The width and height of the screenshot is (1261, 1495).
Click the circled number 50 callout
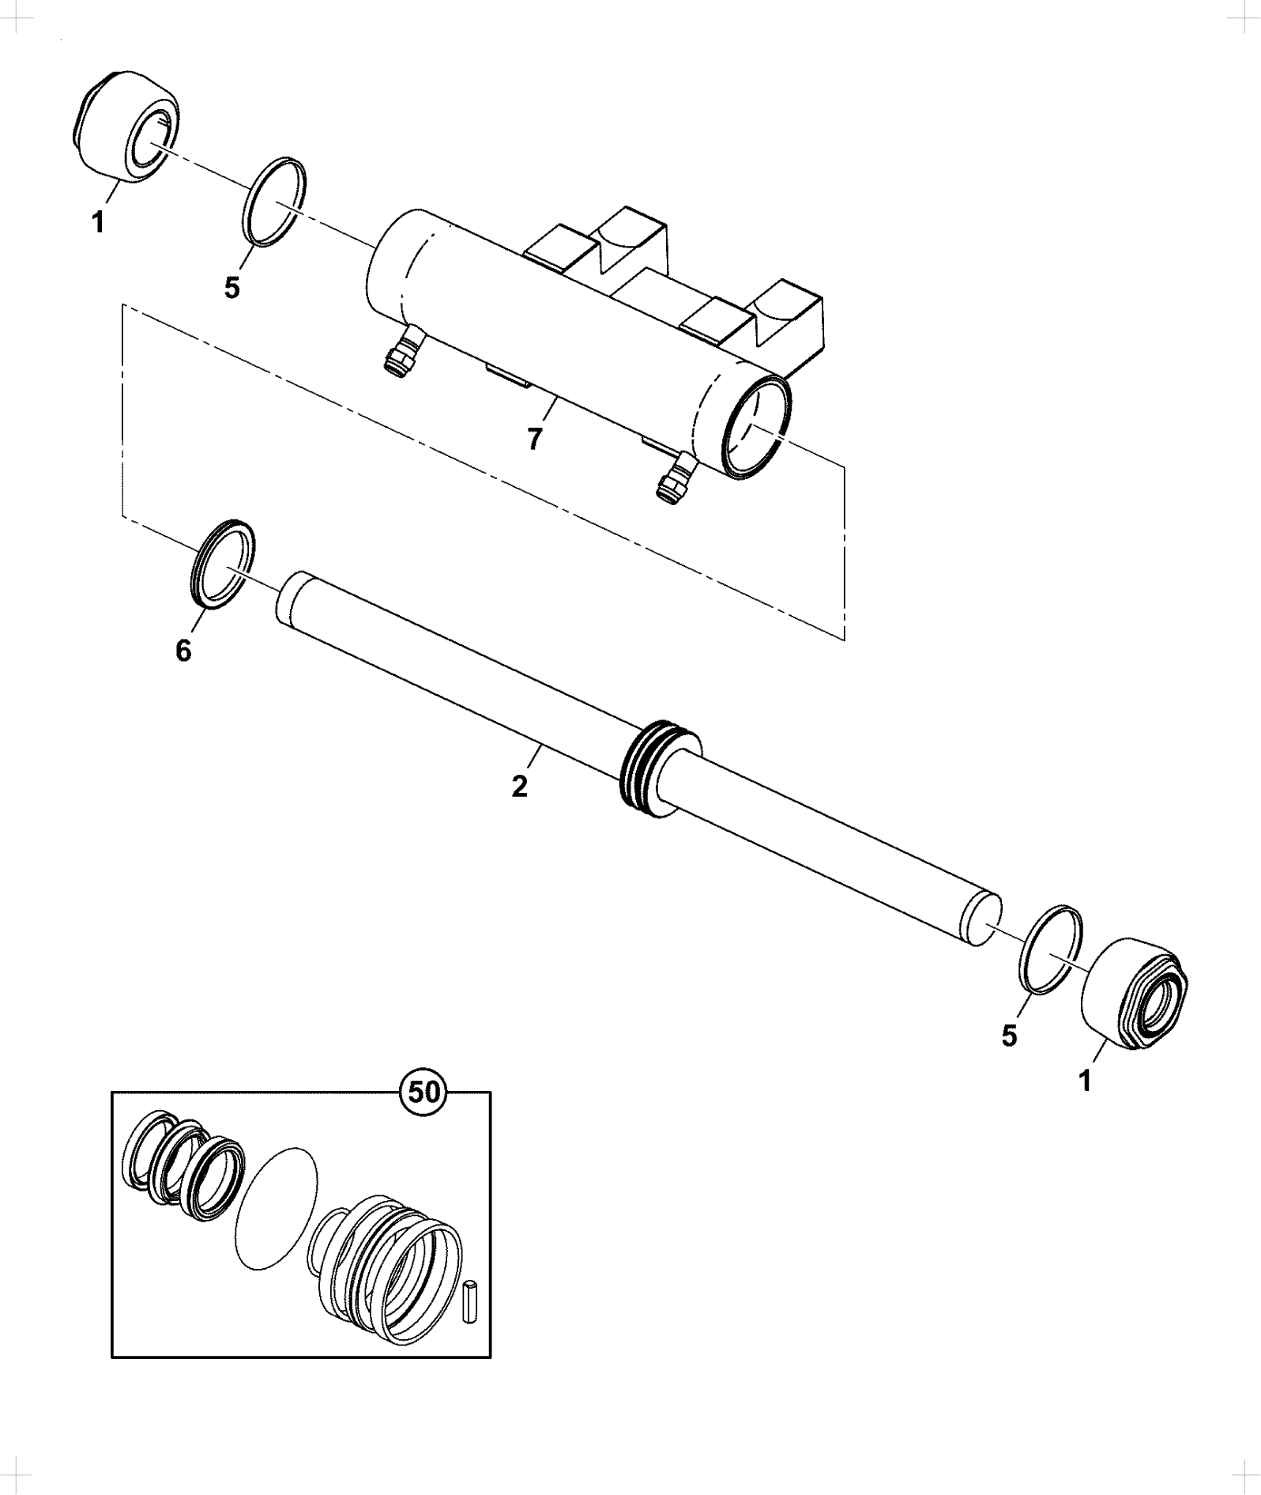point(424,1092)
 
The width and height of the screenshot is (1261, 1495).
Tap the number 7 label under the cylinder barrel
point(535,438)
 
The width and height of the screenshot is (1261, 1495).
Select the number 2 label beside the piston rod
point(519,787)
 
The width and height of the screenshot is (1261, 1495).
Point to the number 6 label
point(183,651)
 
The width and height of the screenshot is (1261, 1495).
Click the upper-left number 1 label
point(98,223)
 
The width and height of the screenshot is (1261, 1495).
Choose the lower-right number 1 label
point(1085,1080)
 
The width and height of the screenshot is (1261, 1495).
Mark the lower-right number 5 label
point(1010,1036)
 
